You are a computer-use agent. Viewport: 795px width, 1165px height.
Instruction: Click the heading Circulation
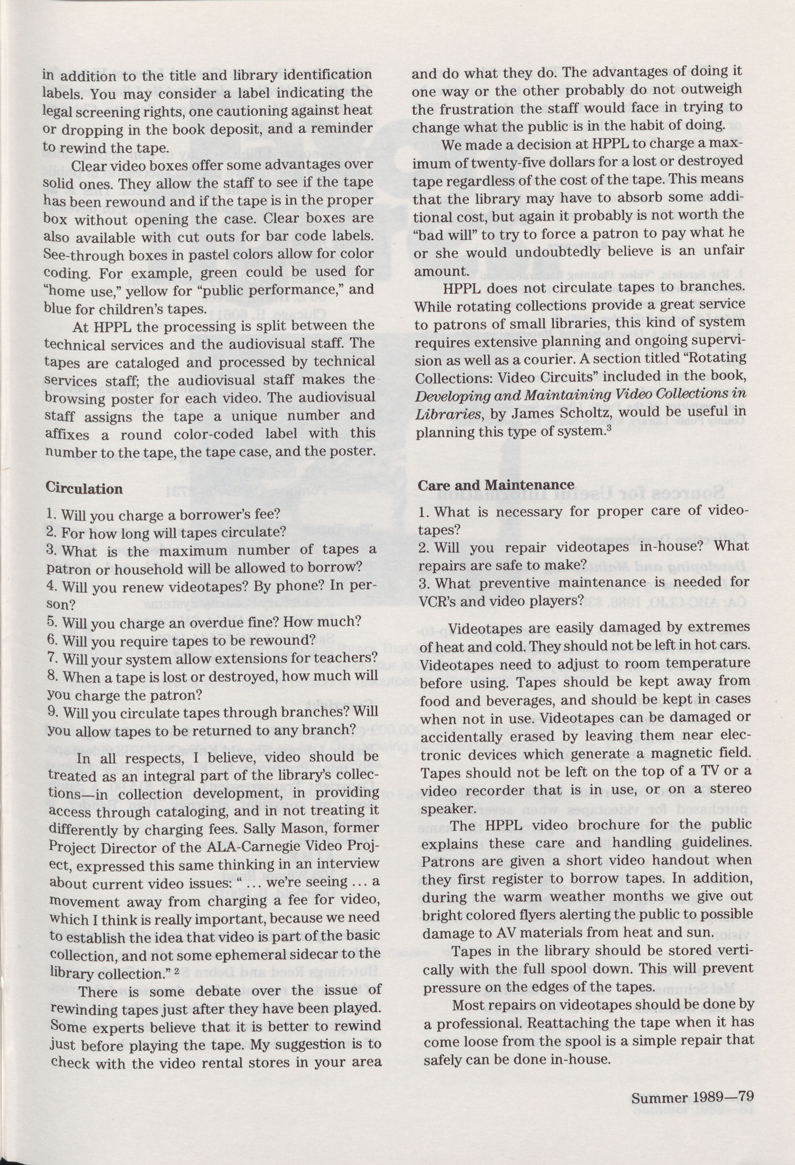(84, 489)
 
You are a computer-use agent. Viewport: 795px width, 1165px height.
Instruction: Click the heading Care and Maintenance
(496, 485)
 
